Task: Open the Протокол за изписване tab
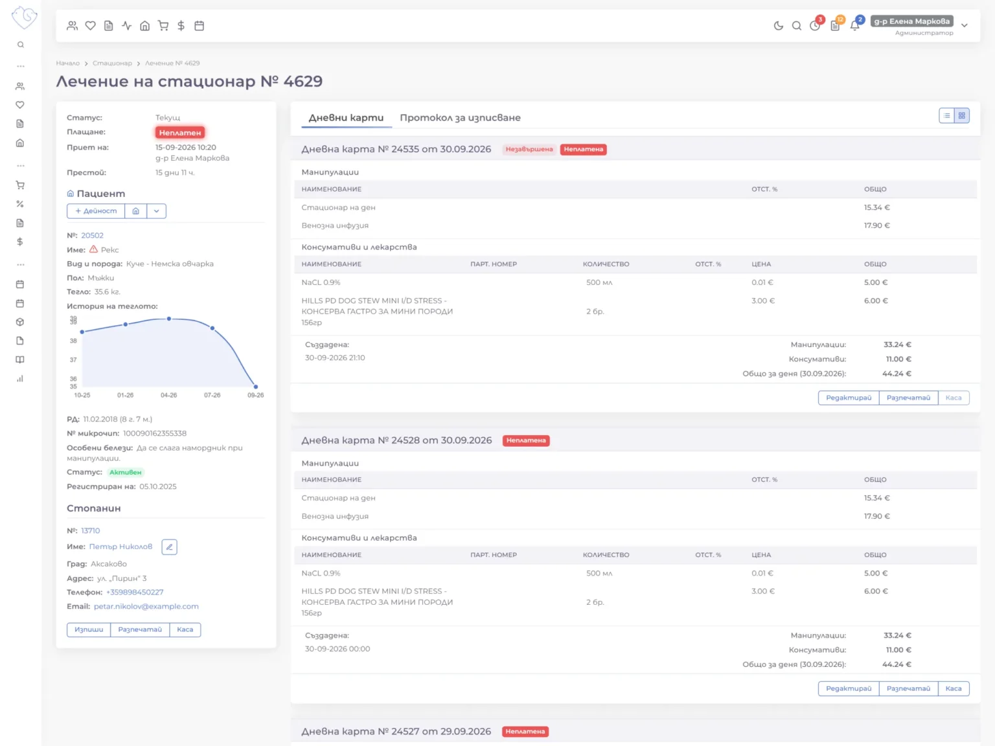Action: tap(460, 118)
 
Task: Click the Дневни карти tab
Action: tap(346, 118)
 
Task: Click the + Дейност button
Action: tap(96, 211)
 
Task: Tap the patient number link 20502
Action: tap(92, 236)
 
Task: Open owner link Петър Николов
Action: tap(120, 547)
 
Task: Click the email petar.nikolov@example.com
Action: tap(146, 607)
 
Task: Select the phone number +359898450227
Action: tap(135, 593)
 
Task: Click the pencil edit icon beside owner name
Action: tap(170, 547)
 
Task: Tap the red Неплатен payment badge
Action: tap(180, 133)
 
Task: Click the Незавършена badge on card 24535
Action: tap(529, 150)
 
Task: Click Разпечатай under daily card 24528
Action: tap(908, 688)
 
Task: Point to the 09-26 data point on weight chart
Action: tap(256, 387)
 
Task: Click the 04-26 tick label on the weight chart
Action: tap(168, 396)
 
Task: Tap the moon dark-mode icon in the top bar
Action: tap(778, 26)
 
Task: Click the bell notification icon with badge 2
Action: tap(854, 25)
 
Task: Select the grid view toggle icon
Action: tap(961, 116)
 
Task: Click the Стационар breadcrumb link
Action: tap(112, 63)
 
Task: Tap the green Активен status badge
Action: tap(126, 473)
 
